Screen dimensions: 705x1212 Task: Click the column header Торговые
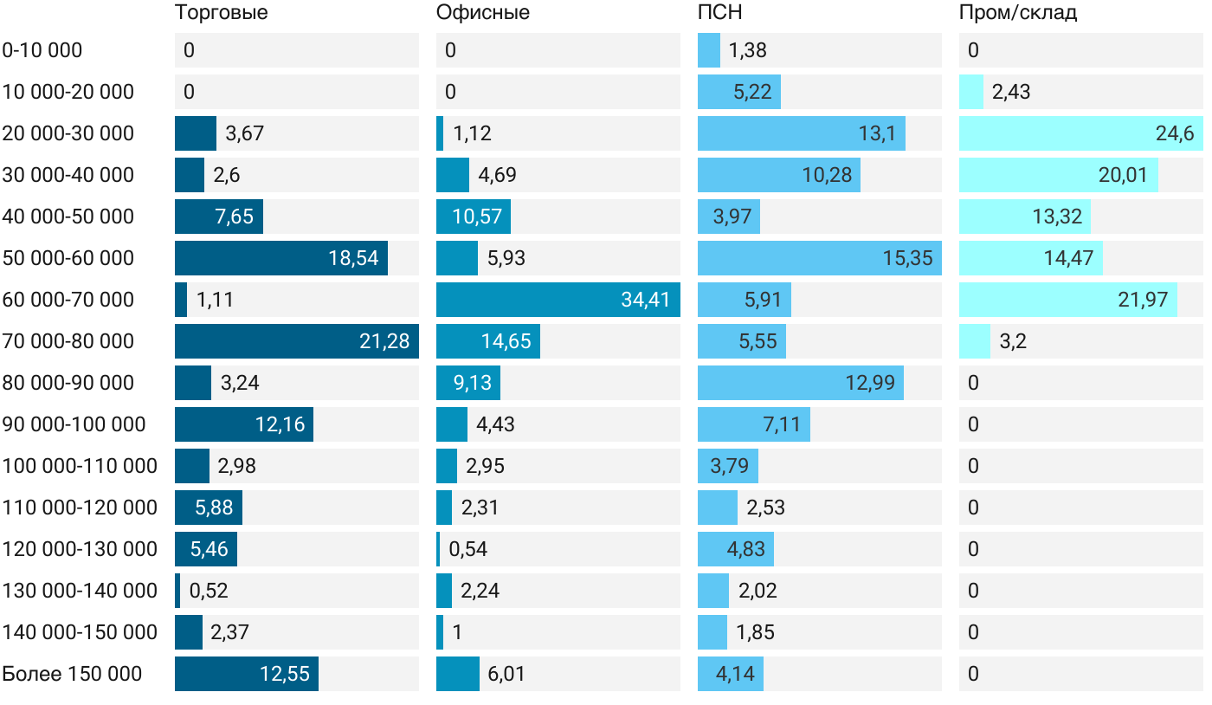pyautogui.click(x=221, y=13)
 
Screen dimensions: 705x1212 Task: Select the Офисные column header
pyautogui.click(x=482, y=13)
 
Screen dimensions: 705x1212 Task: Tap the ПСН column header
pyautogui.click(x=719, y=13)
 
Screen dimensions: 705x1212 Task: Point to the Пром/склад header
pyautogui.click(x=1017, y=13)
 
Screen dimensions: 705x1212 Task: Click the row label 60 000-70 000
pyautogui.click(x=68, y=300)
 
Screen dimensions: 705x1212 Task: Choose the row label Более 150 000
pyautogui.click(x=72, y=674)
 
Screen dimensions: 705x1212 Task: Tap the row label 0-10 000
pyautogui.click(x=42, y=50)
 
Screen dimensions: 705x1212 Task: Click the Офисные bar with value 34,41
pyautogui.click(x=558, y=300)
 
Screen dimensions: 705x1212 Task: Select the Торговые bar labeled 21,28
pyautogui.click(x=296, y=341)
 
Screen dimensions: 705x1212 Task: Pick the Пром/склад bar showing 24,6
pyautogui.click(x=1080, y=133)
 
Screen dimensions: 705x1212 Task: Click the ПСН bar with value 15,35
pyautogui.click(x=819, y=258)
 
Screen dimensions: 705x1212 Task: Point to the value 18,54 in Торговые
pyautogui.click(x=353, y=258)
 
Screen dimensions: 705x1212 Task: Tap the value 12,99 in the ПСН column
pyautogui.click(x=870, y=383)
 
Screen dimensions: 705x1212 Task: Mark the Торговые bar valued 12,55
pyautogui.click(x=246, y=674)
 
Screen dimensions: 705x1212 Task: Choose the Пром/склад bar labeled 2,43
pyautogui.click(x=971, y=92)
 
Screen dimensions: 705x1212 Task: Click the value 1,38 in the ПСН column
pyautogui.click(x=747, y=50)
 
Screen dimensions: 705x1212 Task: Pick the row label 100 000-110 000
pyautogui.click(x=80, y=466)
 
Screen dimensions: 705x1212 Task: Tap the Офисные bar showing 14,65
pyautogui.click(x=487, y=341)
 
